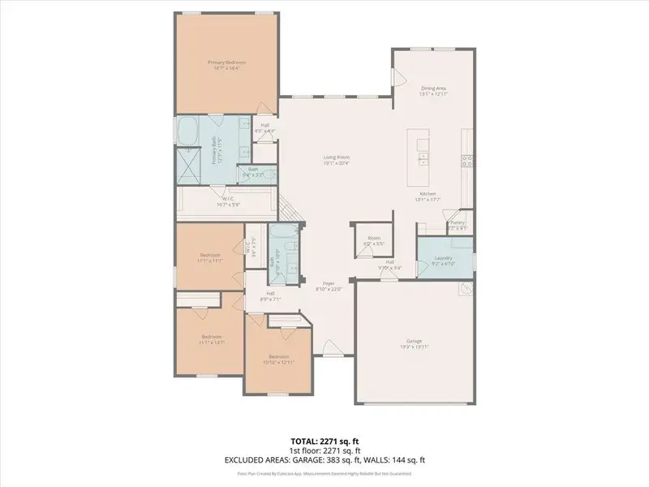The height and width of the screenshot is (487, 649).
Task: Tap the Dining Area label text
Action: click(x=434, y=88)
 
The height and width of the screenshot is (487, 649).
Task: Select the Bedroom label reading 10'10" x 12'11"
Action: click(x=278, y=357)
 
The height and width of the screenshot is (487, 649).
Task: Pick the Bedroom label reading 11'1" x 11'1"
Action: click(x=210, y=256)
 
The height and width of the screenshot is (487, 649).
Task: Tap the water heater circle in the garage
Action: click(x=466, y=289)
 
